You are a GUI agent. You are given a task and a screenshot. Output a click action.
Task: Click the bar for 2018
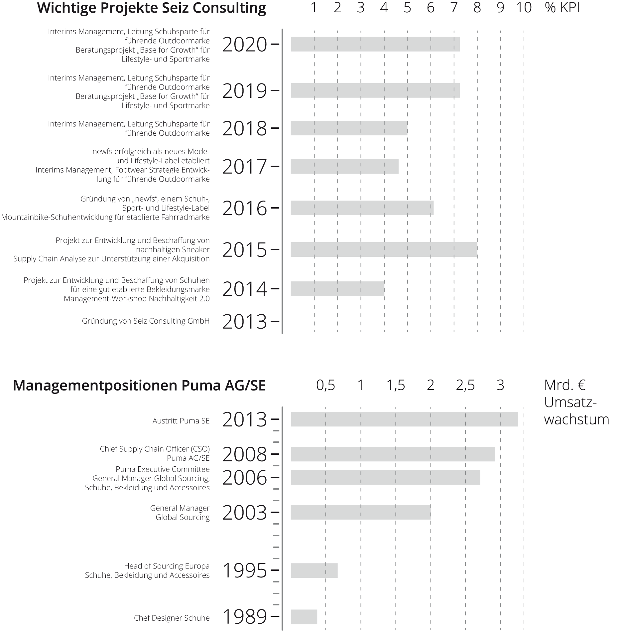[349, 128]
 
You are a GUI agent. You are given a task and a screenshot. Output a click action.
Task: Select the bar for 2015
[384, 249]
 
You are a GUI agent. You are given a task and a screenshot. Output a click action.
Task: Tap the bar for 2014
[337, 289]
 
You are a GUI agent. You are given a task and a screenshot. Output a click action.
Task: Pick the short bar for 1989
[304, 617]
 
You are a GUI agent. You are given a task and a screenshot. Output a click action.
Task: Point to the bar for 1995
[314, 570]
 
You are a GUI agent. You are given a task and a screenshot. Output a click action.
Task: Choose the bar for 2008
[393, 454]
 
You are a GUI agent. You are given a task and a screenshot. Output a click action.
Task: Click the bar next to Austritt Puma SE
[404, 419]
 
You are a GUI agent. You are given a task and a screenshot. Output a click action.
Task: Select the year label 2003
[244, 513]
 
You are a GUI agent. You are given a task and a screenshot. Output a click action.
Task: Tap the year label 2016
[244, 209]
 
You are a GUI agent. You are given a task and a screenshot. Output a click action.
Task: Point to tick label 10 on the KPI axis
[524, 8]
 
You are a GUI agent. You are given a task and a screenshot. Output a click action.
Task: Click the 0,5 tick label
[326, 385]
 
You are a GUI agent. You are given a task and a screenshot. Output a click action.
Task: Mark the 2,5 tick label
[465, 385]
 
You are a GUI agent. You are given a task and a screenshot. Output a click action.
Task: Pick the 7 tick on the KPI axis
[454, 8]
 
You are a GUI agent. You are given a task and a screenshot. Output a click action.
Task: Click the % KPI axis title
[562, 8]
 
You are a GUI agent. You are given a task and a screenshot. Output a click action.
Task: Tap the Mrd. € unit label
[565, 385]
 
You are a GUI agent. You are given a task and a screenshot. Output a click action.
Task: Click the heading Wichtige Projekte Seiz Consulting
[152, 8]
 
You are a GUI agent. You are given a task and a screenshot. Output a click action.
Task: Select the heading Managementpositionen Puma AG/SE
[139, 386]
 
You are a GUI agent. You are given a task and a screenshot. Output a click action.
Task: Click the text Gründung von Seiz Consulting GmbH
[146, 321]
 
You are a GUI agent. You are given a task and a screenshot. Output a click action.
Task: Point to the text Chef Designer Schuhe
[172, 618]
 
